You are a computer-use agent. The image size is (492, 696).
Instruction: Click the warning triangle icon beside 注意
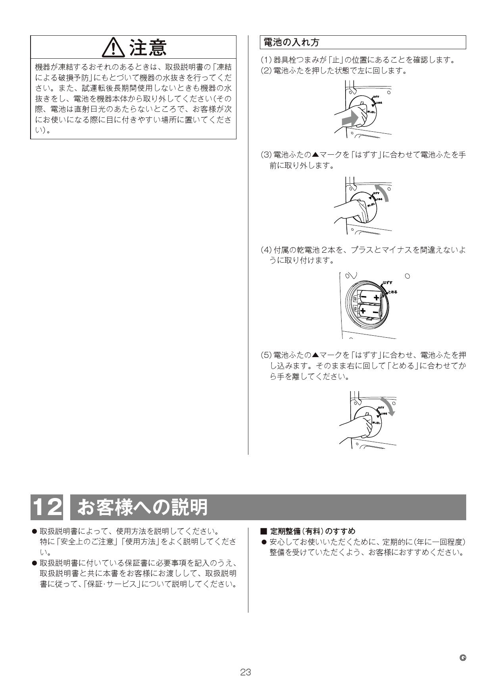(x=114, y=48)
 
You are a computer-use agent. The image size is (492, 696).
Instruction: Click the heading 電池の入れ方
(x=292, y=42)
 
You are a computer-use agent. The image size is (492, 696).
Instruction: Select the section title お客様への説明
(x=142, y=507)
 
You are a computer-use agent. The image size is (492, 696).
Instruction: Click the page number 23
(x=246, y=672)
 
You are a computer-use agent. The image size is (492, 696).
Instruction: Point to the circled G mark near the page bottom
(x=462, y=658)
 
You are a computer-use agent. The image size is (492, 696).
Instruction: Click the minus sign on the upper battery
(x=363, y=297)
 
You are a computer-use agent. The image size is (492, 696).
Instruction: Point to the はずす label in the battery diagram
(x=387, y=283)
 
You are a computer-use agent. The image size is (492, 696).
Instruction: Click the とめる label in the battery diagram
(x=392, y=292)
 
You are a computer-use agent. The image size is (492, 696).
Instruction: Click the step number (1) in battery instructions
(x=265, y=60)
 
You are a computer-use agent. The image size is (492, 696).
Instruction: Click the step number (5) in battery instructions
(x=265, y=355)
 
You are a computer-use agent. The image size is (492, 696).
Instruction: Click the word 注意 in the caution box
(x=148, y=48)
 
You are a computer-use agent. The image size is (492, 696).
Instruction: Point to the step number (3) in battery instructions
(x=265, y=155)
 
